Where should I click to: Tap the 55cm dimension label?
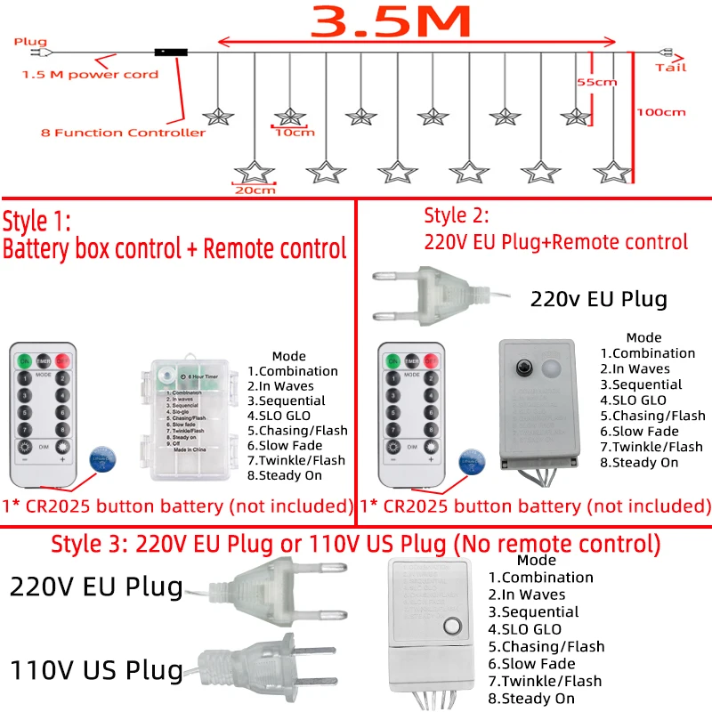pos(596,82)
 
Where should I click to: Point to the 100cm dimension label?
pos(660,112)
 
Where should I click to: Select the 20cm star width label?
pos(255,190)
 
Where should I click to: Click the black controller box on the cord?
pos(171,53)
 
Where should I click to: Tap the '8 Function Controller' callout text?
pos(123,133)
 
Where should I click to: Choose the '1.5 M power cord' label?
pos(90,74)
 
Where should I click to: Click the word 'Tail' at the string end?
pos(671,68)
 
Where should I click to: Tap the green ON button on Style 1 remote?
pos(23,360)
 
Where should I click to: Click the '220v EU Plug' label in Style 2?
pos(598,299)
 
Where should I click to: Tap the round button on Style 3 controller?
pos(454,624)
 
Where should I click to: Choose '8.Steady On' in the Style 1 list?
pos(285,475)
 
